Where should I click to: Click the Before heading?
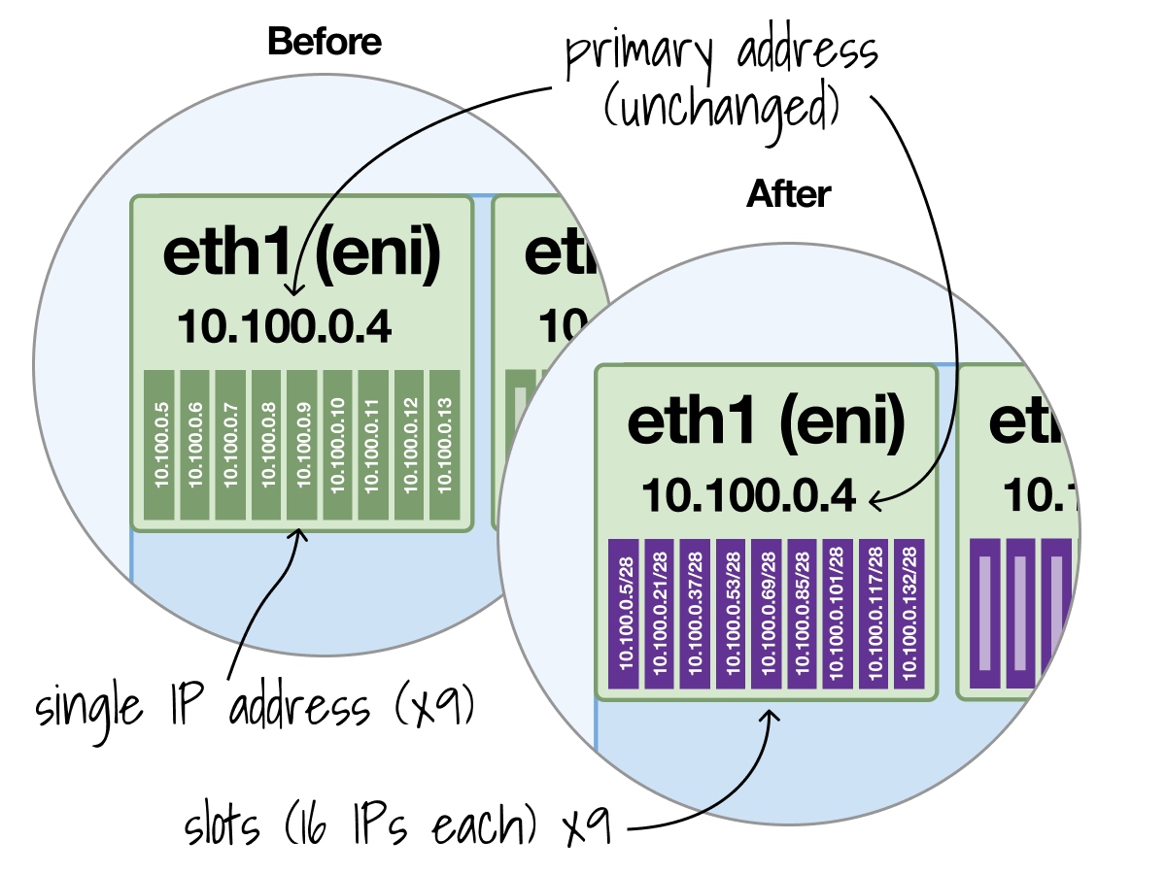click(x=324, y=42)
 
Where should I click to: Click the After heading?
click(x=788, y=195)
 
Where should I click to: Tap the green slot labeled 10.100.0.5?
click(x=158, y=444)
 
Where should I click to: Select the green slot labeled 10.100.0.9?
click(x=302, y=444)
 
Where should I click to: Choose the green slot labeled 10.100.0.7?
click(x=230, y=444)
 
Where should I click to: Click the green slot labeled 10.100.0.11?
click(x=373, y=444)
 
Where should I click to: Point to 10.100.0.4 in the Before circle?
click(x=284, y=327)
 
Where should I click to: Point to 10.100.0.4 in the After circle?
click(x=748, y=496)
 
